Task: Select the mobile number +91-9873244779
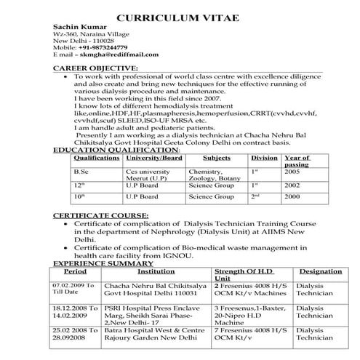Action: pyautogui.click(x=108, y=47)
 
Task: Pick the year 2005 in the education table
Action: pyautogui.click(x=292, y=171)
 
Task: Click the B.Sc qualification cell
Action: pyautogui.click(x=81, y=171)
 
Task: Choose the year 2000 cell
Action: pyautogui.click(x=292, y=196)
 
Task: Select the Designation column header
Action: pyautogui.click(x=320, y=271)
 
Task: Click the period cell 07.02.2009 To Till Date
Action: pyautogui.click(x=74, y=289)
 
